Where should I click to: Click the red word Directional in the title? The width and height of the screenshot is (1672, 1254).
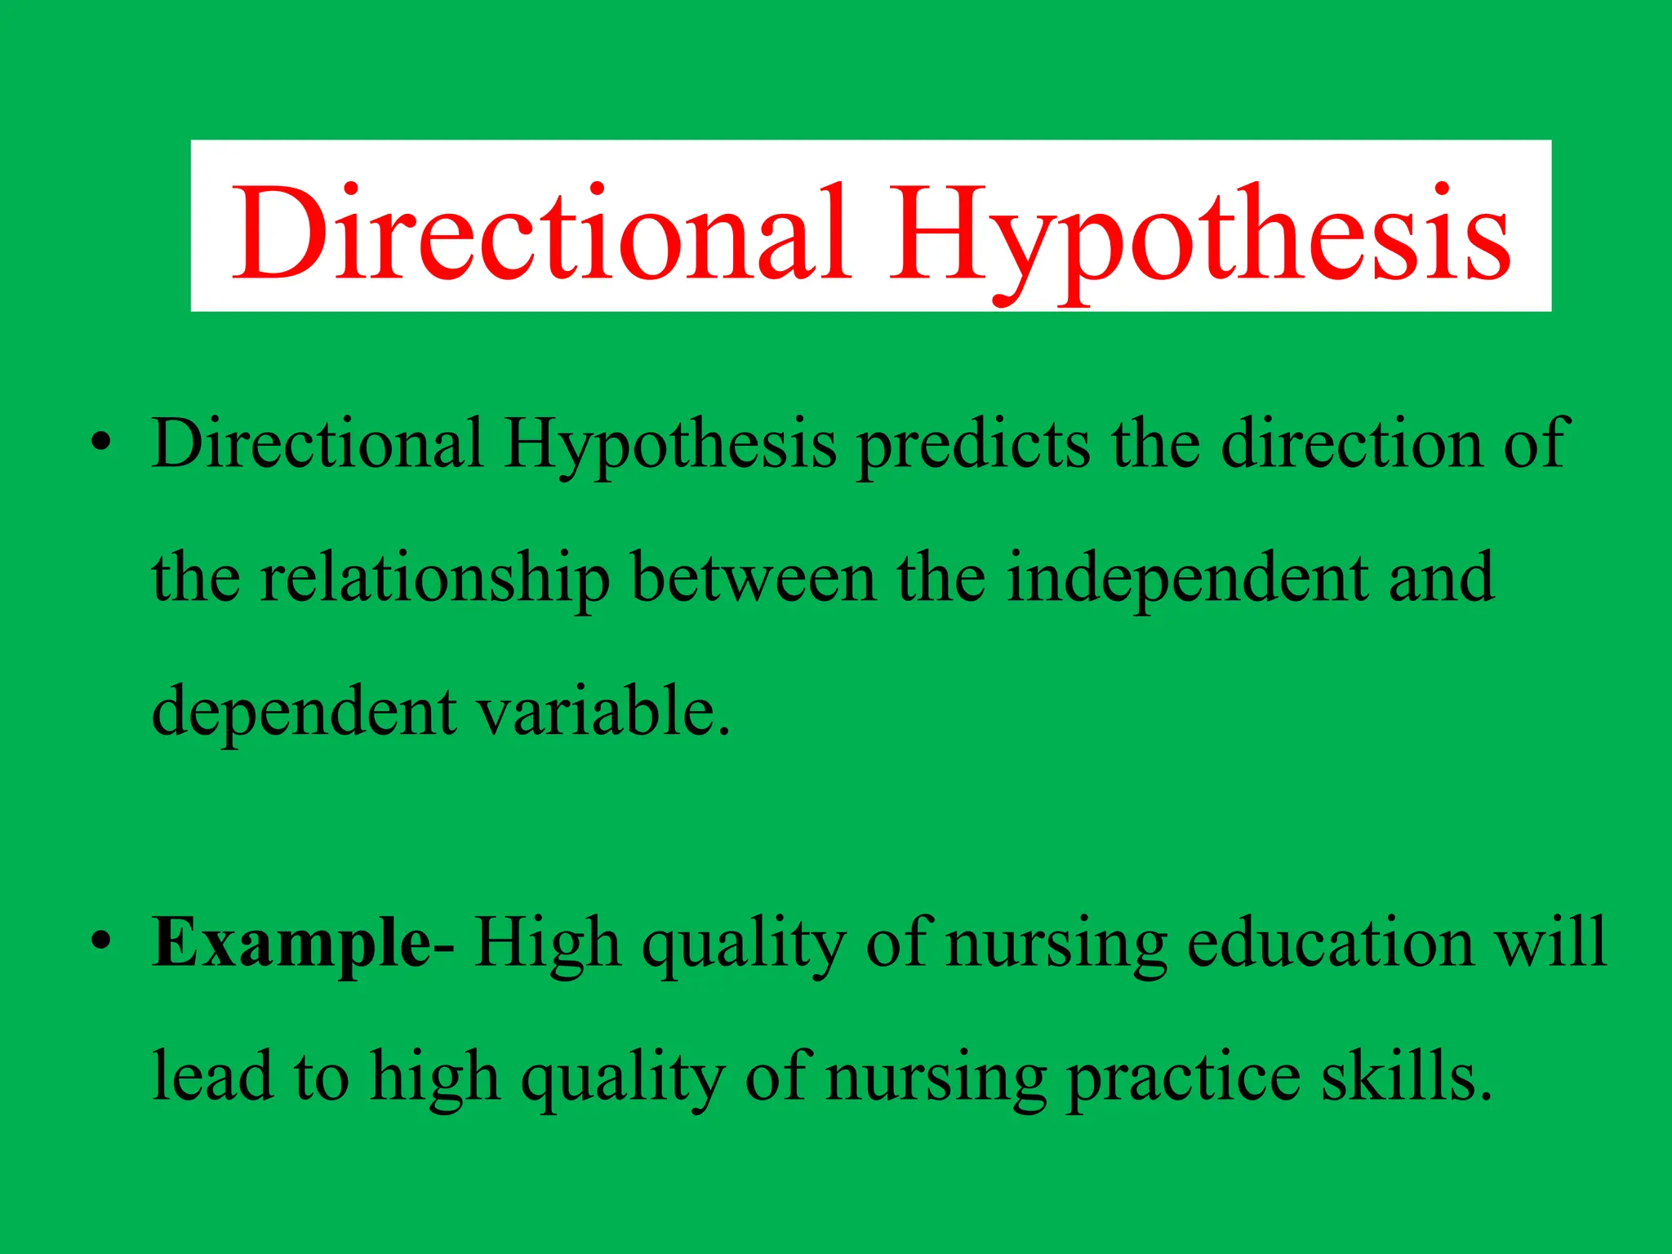pyautogui.click(x=539, y=233)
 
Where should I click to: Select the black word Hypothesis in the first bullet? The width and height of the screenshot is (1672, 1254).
pyautogui.click(x=669, y=445)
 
